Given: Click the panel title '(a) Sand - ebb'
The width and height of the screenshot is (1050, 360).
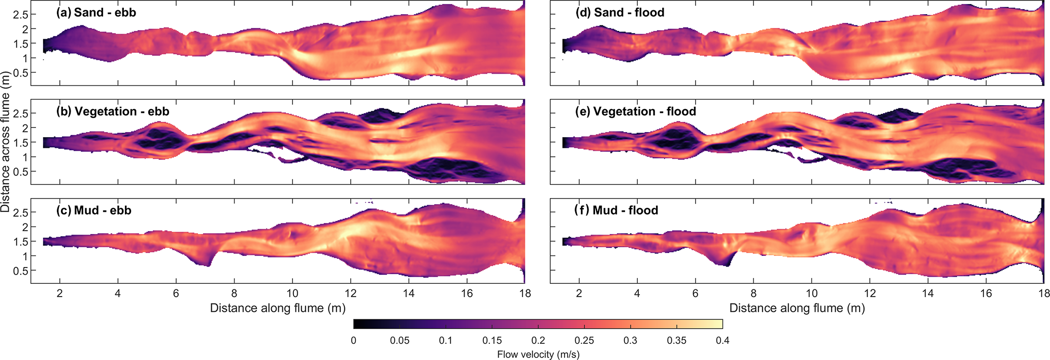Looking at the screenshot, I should (96, 13).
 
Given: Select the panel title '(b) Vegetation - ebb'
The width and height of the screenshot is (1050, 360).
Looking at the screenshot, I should (113, 112).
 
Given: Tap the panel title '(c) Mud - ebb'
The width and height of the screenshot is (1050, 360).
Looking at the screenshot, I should (93, 211).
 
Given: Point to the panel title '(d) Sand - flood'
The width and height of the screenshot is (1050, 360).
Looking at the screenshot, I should (619, 13).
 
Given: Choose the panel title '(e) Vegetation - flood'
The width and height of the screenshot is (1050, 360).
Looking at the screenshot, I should (635, 112).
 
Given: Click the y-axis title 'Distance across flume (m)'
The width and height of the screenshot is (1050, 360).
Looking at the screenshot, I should (6, 142).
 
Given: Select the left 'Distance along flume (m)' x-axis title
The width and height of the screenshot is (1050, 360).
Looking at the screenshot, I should (278, 308).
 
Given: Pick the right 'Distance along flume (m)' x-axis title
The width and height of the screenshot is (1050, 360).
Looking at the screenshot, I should (797, 308).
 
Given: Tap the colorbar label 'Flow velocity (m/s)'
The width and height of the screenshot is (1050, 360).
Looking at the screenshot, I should (538, 354).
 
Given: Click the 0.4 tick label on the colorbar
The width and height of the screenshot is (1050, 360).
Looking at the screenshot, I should (723, 341).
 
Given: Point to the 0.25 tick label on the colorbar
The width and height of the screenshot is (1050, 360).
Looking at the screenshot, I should (584, 341).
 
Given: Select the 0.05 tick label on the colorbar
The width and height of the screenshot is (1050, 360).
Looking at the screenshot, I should (400, 341).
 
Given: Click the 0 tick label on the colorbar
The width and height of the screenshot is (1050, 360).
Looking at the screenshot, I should (354, 341).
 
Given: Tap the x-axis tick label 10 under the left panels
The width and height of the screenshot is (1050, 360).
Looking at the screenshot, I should (292, 293).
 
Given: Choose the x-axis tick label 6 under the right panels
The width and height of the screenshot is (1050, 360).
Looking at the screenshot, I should (696, 293).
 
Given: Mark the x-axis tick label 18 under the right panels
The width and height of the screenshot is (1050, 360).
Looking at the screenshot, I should (1044, 293).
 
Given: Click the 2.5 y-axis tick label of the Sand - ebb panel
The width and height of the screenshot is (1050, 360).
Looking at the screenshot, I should (21, 14).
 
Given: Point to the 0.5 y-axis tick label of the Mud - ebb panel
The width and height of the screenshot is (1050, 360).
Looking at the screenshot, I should (21, 271).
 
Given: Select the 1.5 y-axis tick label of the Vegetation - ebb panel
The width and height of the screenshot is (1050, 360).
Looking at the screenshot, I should (21, 143).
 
